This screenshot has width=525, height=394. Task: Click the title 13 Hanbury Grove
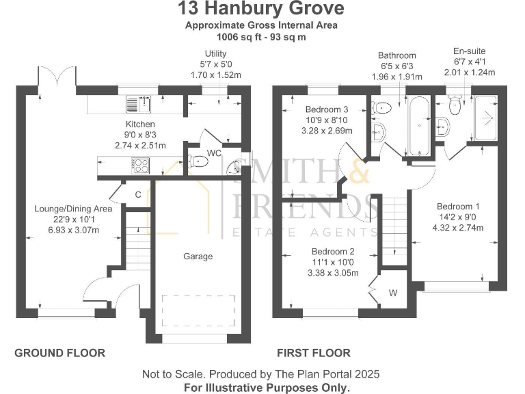point(262,9)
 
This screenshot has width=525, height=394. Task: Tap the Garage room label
point(198,257)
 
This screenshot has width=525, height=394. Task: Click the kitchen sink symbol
point(138,104)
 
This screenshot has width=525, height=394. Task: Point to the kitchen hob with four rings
point(140,165)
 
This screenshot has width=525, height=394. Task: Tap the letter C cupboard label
point(137,195)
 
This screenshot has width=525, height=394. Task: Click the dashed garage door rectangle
point(198,312)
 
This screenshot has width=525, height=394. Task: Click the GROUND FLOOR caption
point(60,353)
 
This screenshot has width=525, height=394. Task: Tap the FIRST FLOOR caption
point(313,353)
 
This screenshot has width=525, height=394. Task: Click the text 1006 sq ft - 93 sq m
point(262,36)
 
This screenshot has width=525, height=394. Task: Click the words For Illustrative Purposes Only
point(267,386)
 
